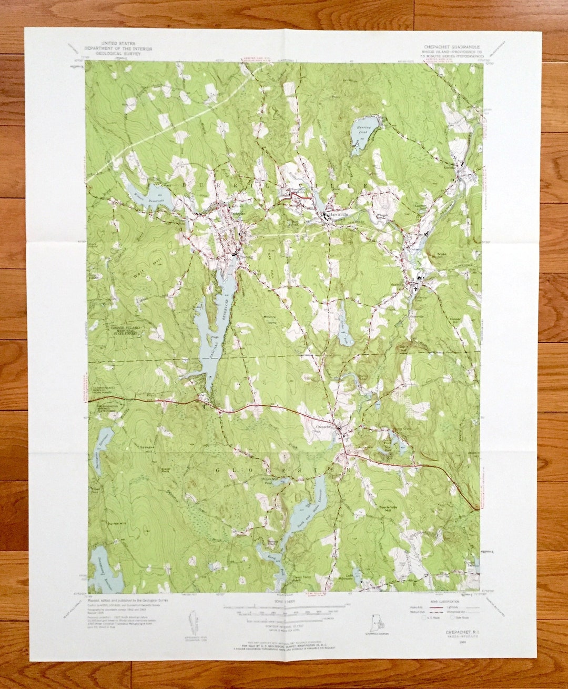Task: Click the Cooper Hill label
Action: [x=455, y=321]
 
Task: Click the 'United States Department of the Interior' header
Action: [x=118, y=48]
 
